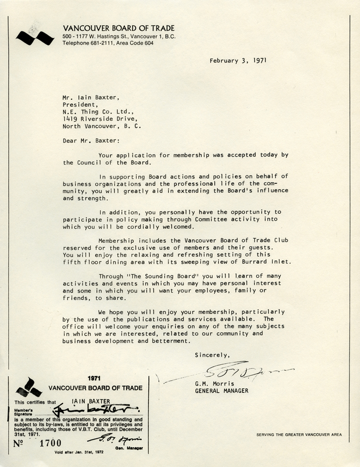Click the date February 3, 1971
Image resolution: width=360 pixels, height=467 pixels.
(237, 60)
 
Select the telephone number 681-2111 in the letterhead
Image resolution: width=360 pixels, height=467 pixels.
(103, 43)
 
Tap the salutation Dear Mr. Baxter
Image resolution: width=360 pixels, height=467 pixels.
(90, 141)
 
